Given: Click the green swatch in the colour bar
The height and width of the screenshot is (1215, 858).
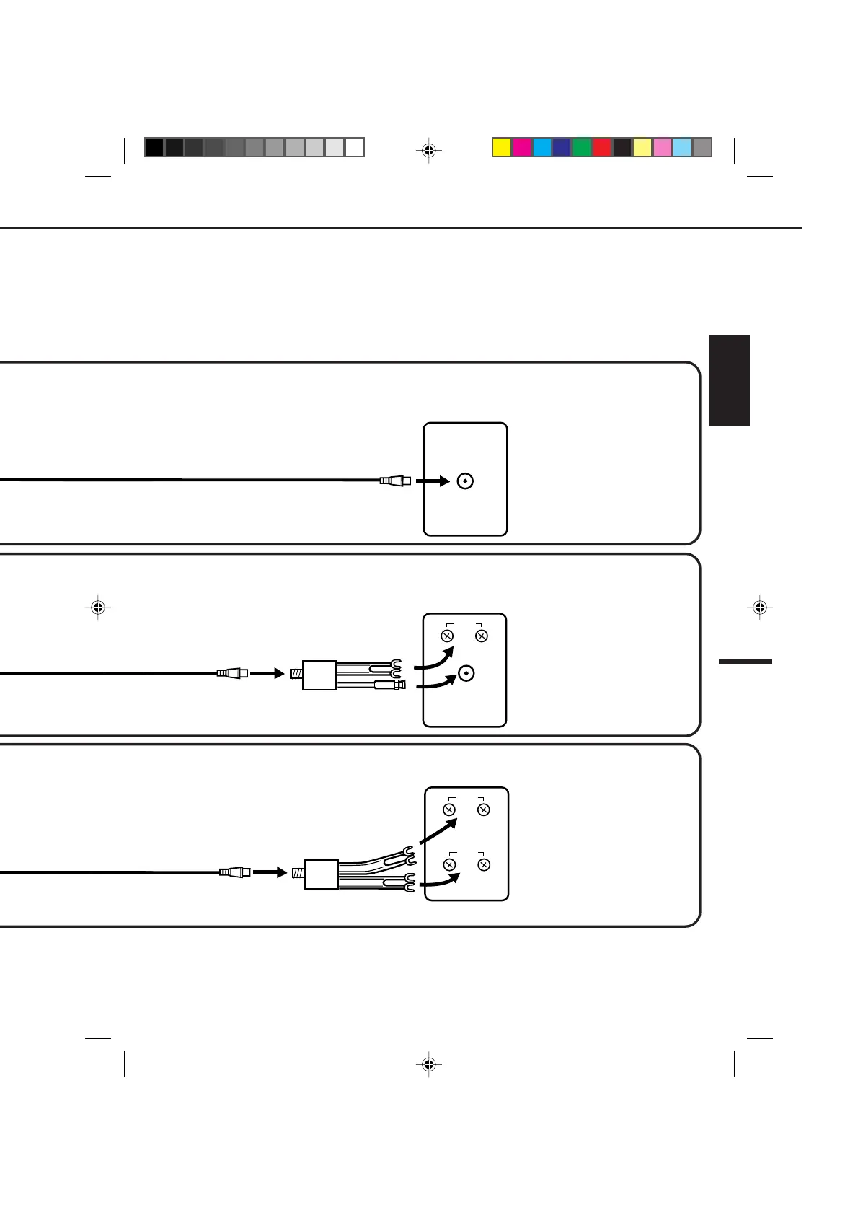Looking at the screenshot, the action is (x=582, y=147).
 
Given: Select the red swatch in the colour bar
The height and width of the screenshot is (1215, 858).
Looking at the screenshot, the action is (x=602, y=147).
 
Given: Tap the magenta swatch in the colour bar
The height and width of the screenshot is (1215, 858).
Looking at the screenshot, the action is (x=521, y=147).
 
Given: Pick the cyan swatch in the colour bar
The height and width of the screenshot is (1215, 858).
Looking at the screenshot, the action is (x=541, y=147).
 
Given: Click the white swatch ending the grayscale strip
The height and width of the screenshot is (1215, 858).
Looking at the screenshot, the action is (x=355, y=147).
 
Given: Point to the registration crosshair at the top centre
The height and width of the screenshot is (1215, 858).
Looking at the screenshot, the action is (x=429, y=151).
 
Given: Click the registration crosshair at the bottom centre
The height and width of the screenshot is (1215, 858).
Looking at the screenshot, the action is (x=429, y=1064).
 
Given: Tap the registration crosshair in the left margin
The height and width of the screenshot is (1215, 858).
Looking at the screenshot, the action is (x=99, y=607).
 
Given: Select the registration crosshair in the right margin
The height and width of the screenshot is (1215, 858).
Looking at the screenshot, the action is (x=759, y=607).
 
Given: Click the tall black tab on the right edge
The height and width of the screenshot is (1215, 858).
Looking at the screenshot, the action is (x=729, y=380).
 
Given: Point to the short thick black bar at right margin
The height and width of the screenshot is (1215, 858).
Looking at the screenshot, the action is (x=746, y=662).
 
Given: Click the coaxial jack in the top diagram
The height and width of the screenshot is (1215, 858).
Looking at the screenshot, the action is (x=466, y=481).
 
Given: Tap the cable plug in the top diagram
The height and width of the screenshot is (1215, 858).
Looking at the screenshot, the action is (x=395, y=481).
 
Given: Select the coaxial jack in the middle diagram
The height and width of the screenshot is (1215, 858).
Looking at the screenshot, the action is (x=466, y=674).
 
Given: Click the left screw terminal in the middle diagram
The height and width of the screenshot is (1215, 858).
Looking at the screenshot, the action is (x=447, y=636).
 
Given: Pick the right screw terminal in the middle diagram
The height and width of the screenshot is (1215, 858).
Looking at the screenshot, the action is (x=482, y=636).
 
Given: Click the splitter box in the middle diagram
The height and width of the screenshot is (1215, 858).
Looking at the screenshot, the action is (x=319, y=675).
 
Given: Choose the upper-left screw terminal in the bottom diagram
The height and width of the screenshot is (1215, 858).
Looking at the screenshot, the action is (x=449, y=810).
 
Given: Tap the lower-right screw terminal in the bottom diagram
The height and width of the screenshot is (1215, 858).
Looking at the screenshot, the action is (x=484, y=864).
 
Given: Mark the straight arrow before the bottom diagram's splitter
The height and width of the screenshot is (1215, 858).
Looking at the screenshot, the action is (x=270, y=872).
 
